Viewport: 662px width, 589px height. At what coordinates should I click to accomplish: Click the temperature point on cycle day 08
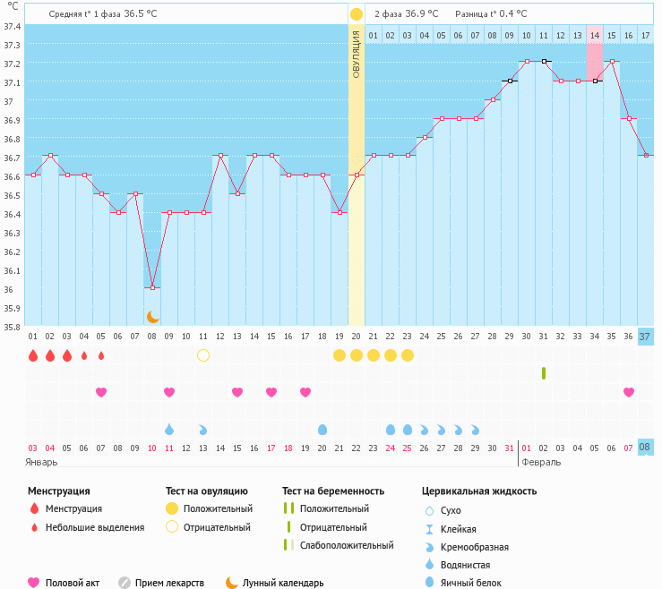coord(152,287)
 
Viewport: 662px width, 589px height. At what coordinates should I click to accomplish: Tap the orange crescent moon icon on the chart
coord(152,317)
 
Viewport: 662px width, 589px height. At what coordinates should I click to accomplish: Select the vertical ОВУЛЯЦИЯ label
coord(357,54)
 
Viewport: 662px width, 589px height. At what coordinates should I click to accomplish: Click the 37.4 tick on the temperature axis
coord(13,26)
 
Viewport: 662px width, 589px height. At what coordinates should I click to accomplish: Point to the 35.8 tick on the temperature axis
coord(13,327)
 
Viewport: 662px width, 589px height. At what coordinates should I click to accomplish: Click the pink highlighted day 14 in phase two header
coord(595,36)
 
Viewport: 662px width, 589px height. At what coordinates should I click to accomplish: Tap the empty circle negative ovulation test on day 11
coord(203,355)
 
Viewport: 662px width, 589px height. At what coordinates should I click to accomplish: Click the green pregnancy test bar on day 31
coord(544,372)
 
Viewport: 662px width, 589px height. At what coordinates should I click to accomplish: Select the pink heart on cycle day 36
coord(629,392)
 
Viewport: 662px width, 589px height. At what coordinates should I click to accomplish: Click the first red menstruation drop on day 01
coord(33,355)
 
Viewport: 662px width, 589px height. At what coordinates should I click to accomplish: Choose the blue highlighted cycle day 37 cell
coord(645,337)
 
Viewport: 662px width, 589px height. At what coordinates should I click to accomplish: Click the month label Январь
coord(42,463)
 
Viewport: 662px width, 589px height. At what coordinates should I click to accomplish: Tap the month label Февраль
coord(541,463)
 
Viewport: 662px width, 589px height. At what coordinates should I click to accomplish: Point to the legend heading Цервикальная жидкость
coord(479,491)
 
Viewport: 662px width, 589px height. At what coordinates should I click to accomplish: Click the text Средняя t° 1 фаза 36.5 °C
coord(101,14)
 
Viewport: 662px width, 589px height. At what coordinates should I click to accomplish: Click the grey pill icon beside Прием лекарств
coord(124,583)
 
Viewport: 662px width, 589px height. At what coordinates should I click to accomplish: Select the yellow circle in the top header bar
coord(357,14)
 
